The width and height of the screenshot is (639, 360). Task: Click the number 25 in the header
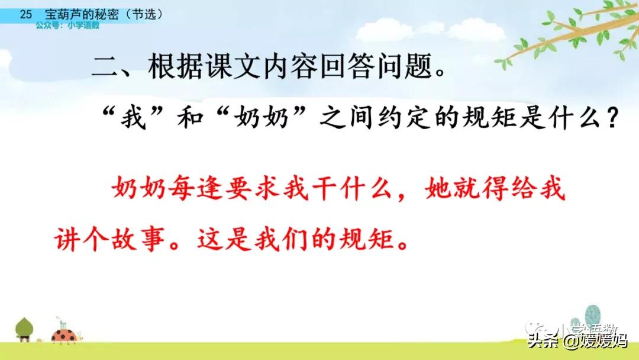(25, 14)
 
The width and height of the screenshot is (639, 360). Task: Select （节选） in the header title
(144, 14)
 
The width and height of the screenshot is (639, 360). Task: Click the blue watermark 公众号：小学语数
(67, 25)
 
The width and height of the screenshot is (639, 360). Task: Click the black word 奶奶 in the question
(262, 118)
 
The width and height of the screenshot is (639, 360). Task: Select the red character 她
(438, 189)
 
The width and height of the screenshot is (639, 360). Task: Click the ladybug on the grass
(65, 335)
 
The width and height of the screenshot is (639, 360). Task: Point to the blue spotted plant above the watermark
(593, 316)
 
